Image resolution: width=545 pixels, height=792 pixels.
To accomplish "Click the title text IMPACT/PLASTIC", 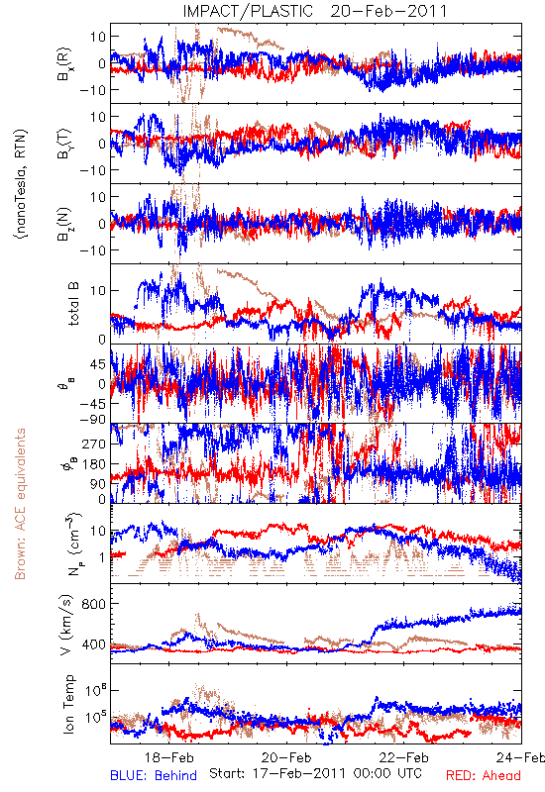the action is tap(248, 11).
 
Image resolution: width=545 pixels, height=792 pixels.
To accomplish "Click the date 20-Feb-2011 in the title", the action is tap(388, 11).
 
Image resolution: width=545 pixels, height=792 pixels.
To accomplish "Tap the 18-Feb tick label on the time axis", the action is tap(168, 757).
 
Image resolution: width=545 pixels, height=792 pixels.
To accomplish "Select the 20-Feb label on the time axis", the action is tap(286, 757).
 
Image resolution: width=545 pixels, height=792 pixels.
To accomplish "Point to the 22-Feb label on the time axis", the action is tap(404, 757).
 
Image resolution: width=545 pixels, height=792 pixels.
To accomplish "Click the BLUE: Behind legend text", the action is tap(154, 775).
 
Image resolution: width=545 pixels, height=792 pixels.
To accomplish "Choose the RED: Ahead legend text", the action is tap(483, 775).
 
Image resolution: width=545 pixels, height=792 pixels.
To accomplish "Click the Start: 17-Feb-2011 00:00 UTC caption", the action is tap(315, 773).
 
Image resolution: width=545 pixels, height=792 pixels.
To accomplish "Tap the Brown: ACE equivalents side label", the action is tap(20, 504).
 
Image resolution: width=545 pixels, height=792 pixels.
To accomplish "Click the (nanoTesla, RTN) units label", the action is tap(21, 183).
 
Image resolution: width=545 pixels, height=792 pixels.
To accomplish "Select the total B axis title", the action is tap(73, 304).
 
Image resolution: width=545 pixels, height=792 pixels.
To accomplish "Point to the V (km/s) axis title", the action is tap(66, 625).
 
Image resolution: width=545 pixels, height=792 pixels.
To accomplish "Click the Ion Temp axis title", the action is tap(68, 704).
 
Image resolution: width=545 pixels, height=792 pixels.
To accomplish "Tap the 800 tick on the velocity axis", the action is tap(93, 604).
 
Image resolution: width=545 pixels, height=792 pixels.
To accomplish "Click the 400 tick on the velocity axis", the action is tap(93, 644).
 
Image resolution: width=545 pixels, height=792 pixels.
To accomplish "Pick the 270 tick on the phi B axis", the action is tap(94, 444).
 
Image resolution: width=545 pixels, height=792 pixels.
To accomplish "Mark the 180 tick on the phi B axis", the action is tap(94, 464).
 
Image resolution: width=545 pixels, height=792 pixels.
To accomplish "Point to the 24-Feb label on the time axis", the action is tap(520, 757).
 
